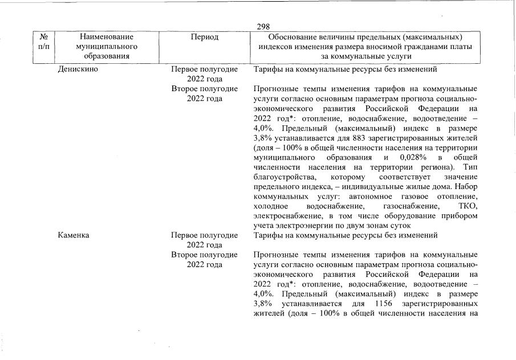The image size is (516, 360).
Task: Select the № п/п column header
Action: point(43,41)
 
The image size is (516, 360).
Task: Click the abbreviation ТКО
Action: point(468,206)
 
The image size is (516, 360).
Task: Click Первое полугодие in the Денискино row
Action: point(205,69)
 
